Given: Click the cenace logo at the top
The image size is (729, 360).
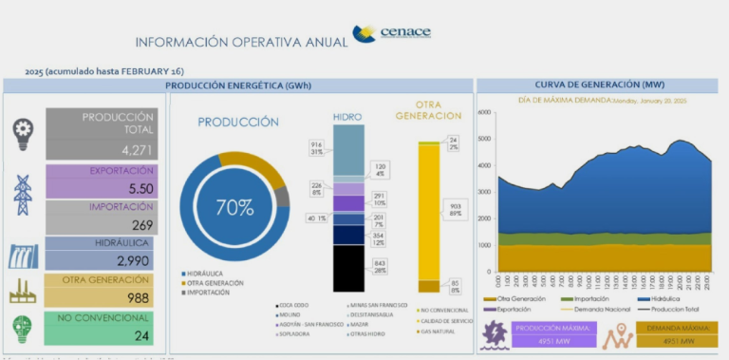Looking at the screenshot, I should [391, 35].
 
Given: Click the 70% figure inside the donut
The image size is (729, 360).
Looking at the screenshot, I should [234, 206].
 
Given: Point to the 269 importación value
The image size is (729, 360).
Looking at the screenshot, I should [141, 224].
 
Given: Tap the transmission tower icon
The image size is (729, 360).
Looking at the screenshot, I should [23, 195].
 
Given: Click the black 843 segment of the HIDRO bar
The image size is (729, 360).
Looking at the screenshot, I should [348, 267].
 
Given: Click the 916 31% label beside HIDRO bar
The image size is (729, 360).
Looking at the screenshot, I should [316, 147].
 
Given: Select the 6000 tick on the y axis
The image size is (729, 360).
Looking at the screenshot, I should [485, 112].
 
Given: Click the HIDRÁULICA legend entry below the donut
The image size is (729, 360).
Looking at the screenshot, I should [208, 274].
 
